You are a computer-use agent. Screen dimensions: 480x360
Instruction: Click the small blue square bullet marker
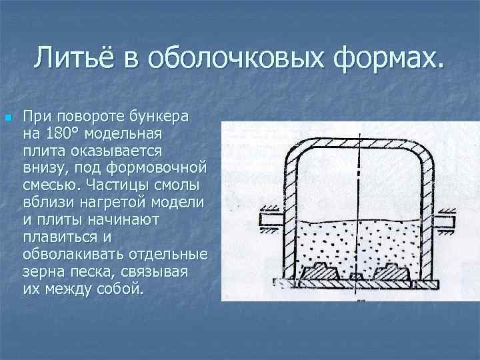pos(7,119)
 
